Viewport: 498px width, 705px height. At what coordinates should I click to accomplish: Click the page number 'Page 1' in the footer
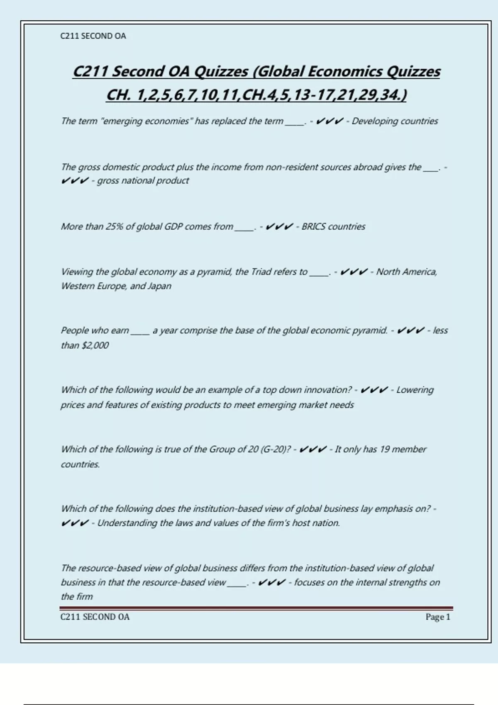tap(437, 617)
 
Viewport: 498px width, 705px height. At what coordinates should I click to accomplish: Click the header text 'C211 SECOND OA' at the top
tap(93, 36)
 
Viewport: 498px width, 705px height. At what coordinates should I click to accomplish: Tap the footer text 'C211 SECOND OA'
tap(95, 617)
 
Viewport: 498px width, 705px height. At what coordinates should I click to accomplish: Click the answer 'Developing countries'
tap(395, 121)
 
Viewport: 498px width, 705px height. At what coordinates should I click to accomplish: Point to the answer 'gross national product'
tap(143, 181)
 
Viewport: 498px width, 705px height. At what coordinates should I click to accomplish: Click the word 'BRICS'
tap(313, 227)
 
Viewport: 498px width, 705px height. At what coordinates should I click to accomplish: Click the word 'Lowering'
tap(415, 390)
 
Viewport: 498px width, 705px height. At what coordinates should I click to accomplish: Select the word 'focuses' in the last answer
tap(309, 583)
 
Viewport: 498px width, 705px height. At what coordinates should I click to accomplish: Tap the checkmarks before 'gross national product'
tap(75, 181)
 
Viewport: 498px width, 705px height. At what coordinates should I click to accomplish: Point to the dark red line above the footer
tap(256, 608)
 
